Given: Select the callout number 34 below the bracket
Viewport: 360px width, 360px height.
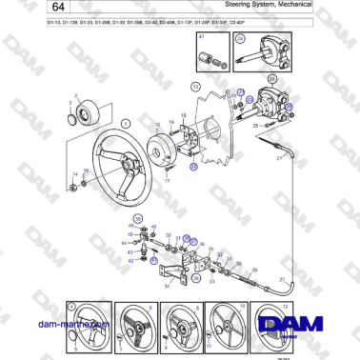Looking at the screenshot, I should click(x=168, y=283).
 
